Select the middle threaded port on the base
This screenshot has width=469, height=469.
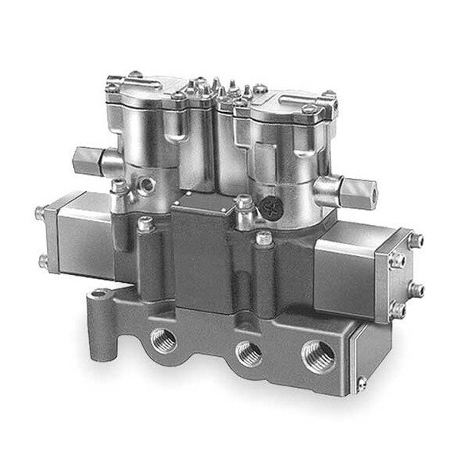pyautogui.click(x=249, y=353)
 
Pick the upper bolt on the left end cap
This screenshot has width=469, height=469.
pyautogui.click(x=40, y=212)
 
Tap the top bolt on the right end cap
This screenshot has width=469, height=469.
pyautogui.click(x=414, y=239)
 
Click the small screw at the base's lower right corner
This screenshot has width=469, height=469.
pyautogui.click(x=362, y=386)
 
